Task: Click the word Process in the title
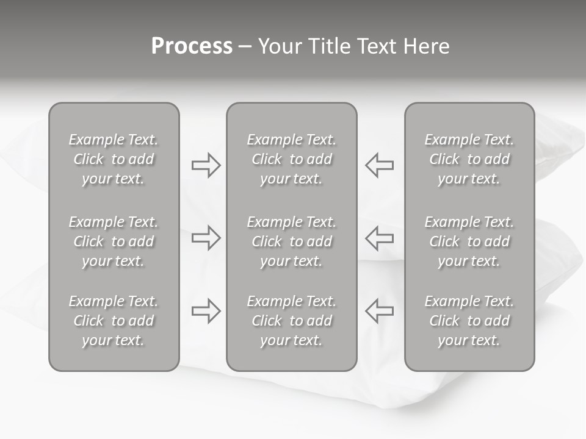tap(192, 46)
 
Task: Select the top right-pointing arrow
tap(206, 165)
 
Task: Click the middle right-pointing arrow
tap(206, 238)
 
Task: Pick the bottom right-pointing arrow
tap(206, 311)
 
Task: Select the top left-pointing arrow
tap(380, 165)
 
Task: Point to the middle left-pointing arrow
tap(380, 238)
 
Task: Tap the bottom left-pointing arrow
tap(380, 311)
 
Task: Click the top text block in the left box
tap(114, 159)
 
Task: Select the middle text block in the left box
tap(114, 241)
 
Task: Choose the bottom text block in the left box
tap(114, 321)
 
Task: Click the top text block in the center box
tap(291, 159)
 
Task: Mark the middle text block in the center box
tap(291, 241)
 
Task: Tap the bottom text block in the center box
tap(291, 321)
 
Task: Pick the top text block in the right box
tap(469, 159)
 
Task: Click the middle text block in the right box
tap(469, 241)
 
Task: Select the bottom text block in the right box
tap(469, 321)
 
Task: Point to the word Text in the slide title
tap(377, 46)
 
